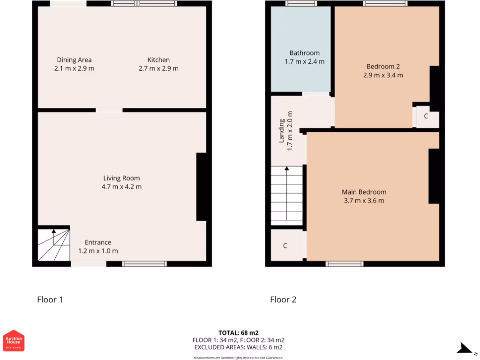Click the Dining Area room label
click(x=74, y=60)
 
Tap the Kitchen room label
click(x=158, y=60)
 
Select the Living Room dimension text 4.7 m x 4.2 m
click(x=121, y=187)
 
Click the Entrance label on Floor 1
click(x=98, y=242)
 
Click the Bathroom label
click(x=304, y=53)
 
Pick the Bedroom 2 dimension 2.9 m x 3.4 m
click(x=383, y=75)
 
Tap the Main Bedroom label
click(x=364, y=192)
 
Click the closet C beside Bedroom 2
click(x=426, y=116)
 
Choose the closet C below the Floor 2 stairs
click(x=285, y=246)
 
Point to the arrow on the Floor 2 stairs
click(x=287, y=169)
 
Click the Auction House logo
click(x=14, y=340)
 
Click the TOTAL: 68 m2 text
click(x=238, y=333)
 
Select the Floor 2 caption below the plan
click(x=283, y=300)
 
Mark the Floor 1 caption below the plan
click(x=50, y=300)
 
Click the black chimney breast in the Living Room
click(x=202, y=187)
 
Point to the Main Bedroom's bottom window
click(x=345, y=264)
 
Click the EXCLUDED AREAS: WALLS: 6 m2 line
click(x=238, y=347)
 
